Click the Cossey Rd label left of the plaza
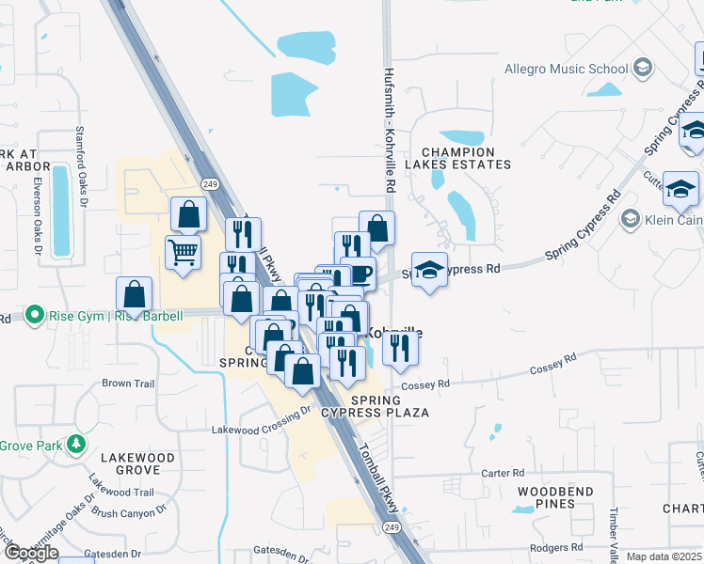pos(425,384)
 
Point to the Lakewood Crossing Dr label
pos(261,420)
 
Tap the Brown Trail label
pos(128,384)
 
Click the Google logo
pos(31,553)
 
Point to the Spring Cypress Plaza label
pos(376,406)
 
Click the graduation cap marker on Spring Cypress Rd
pos(429,270)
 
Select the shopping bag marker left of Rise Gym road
pos(135,294)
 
